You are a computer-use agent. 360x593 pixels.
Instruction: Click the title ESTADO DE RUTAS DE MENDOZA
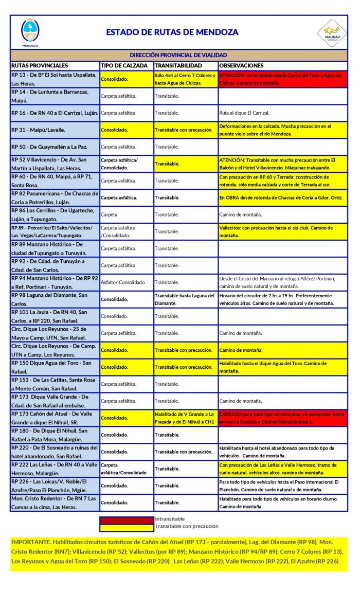172,32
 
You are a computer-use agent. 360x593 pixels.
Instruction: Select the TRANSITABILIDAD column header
177,66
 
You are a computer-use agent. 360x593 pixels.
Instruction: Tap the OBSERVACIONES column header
241,66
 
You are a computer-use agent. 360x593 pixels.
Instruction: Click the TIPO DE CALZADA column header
126,66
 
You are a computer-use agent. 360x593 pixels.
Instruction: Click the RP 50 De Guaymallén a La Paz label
49,147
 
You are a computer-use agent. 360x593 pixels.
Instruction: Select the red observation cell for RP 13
282,79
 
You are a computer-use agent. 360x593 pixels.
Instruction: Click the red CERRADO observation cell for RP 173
282,418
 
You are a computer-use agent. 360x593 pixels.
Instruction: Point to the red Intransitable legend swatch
126,519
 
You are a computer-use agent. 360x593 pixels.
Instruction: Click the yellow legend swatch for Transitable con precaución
126,527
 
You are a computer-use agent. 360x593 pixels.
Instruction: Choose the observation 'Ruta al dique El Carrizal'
244,113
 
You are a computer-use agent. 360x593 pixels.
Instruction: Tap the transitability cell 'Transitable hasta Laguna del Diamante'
185,299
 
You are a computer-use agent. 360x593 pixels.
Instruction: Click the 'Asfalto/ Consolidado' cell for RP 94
123,282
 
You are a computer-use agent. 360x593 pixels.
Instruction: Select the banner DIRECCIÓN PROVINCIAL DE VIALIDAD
178,55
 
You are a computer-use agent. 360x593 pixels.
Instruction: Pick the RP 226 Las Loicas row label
53,486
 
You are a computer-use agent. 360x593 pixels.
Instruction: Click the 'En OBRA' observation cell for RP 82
282,197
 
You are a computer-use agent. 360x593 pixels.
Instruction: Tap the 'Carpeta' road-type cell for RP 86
110,214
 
